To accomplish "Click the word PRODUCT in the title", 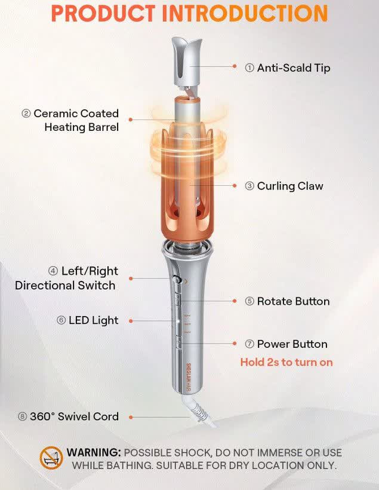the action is [x=103, y=13].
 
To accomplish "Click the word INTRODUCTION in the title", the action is [x=245, y=13].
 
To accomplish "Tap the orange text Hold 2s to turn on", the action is [x=286, y=362].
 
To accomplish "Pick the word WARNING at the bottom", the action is [x=94, y=452].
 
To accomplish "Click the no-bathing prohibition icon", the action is [x=51, y=458].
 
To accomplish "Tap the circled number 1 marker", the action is [x=249, y=68].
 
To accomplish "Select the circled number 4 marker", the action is [x=53, y=271].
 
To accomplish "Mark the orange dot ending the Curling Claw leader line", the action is [x=235, y=186].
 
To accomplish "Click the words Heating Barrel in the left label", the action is [x=82, y=127].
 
